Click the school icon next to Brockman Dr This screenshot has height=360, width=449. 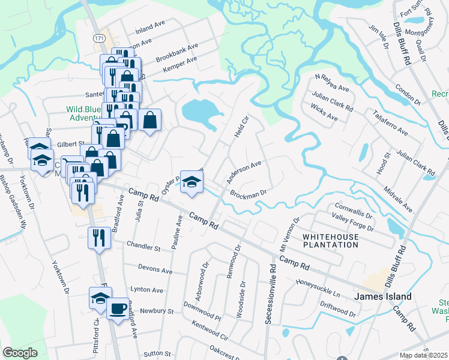pos(191,181)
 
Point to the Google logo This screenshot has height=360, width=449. pos(20,353)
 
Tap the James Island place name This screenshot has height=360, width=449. pos(382,296)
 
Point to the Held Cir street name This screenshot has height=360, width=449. pos(241,125)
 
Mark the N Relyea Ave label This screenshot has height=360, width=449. pos(332,83)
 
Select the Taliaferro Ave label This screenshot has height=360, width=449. pos(390,123)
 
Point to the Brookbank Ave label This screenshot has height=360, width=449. pos(176,52)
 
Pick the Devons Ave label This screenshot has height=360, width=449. pos(155,269)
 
